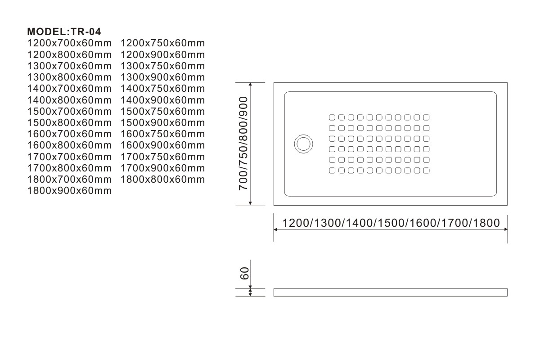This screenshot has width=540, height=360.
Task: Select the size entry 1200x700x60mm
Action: (69, 44)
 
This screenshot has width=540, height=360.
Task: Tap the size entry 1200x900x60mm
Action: (163, 55)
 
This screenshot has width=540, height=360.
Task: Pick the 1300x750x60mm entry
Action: (163, 66)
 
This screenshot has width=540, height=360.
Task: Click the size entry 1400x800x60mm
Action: (69, 100)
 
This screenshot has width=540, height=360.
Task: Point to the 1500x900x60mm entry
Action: (163, 123)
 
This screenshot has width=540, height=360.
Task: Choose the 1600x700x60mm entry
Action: (69, 134)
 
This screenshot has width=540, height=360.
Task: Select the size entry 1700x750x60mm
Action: (163, 157)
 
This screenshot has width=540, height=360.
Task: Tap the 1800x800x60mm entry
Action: (163, 180)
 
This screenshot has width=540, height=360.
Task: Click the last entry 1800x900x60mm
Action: (69, 191)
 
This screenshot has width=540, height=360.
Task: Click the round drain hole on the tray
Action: (303, 144)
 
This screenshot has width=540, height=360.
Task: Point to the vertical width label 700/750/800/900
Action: (244, 144)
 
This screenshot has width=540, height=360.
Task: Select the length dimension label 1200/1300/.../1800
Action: (391, 222)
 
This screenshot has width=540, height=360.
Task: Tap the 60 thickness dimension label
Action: (244, 273)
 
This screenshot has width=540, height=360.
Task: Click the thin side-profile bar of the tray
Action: (390, 292)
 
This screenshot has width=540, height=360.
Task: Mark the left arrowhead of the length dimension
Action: (276, 229)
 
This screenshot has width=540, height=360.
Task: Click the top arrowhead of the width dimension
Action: (250, 85)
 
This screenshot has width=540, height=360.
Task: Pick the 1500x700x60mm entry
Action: (69, 112)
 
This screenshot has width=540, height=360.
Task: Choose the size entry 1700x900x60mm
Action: (163, 168)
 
